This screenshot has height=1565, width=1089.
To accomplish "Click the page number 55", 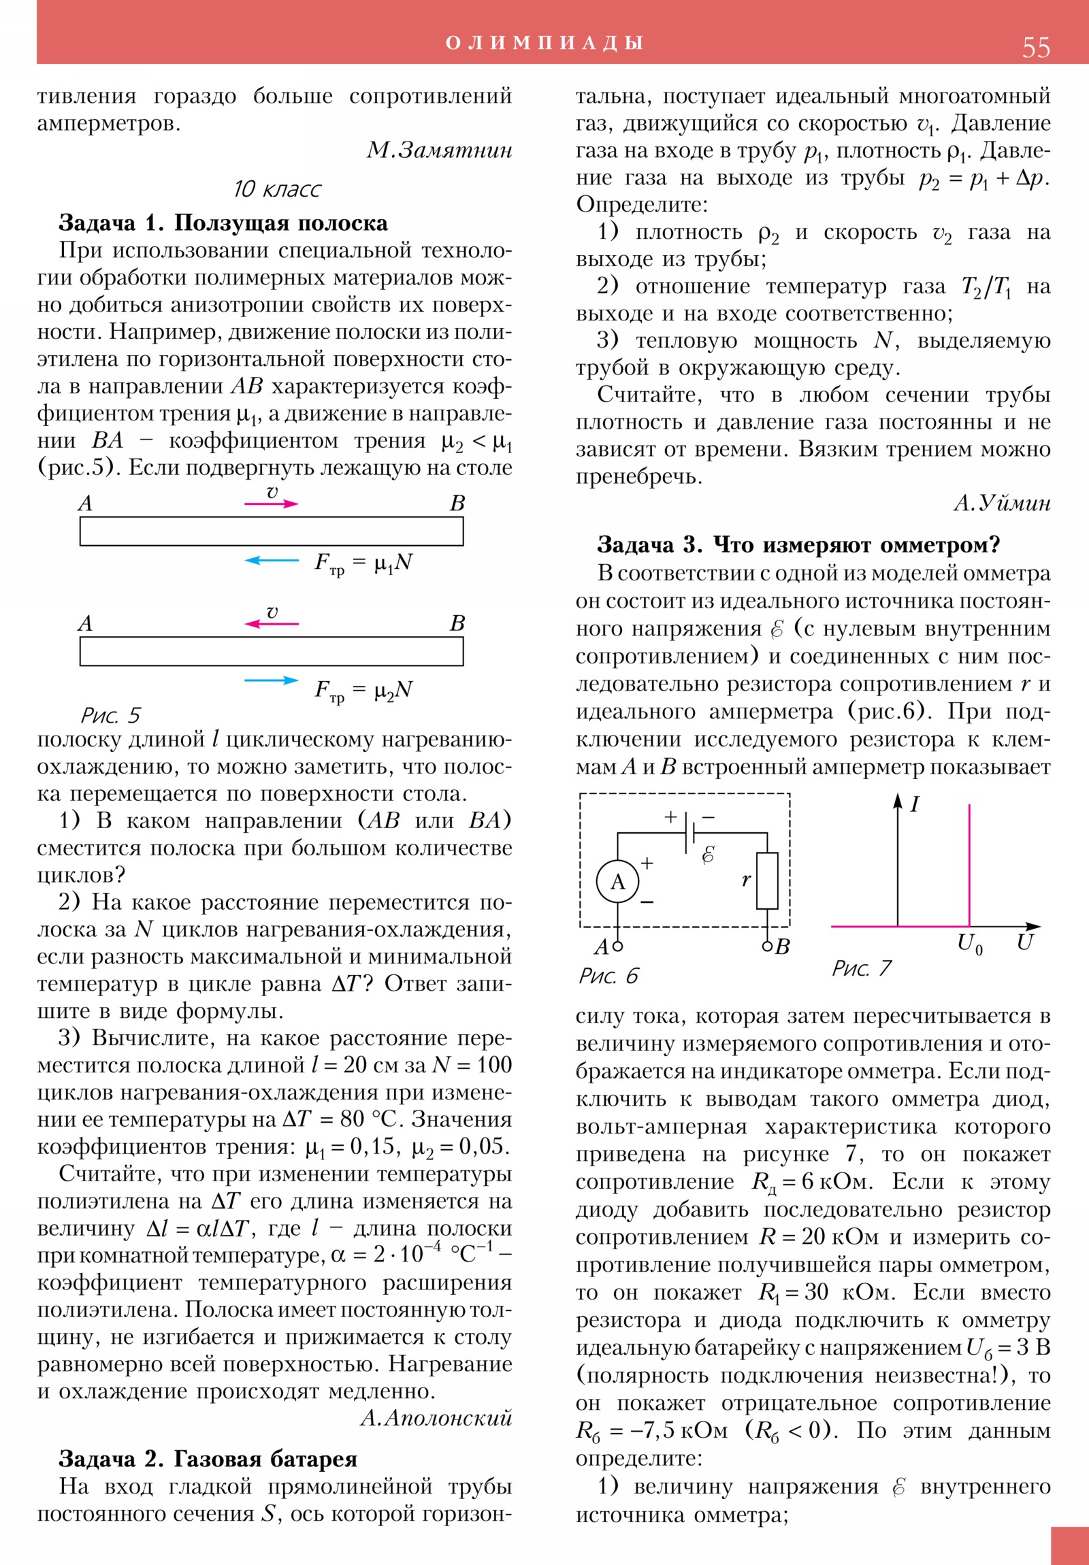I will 1035,47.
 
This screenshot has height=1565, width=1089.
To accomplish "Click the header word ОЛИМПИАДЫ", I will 544,43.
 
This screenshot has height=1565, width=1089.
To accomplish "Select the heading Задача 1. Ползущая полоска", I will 223,223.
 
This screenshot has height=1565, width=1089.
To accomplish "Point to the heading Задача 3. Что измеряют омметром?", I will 798,544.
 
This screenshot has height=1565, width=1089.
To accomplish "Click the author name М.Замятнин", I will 439,150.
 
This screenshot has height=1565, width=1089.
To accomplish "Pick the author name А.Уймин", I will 1001,504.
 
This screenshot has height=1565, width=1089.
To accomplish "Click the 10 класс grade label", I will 276,188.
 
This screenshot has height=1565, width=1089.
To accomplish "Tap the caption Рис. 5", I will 110,715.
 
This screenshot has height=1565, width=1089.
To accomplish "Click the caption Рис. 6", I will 608,975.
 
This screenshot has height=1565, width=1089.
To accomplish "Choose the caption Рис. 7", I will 861,968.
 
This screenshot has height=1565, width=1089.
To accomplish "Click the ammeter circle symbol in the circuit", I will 617,882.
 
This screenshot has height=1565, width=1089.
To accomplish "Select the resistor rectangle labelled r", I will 767,880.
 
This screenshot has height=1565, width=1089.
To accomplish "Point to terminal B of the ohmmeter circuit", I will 768,946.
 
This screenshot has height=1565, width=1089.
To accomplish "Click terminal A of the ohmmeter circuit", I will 617,946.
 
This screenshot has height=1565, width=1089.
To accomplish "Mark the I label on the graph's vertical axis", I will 915,805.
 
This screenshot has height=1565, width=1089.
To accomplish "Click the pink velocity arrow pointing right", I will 272,504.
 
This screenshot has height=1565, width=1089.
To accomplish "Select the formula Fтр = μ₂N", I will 363,691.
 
